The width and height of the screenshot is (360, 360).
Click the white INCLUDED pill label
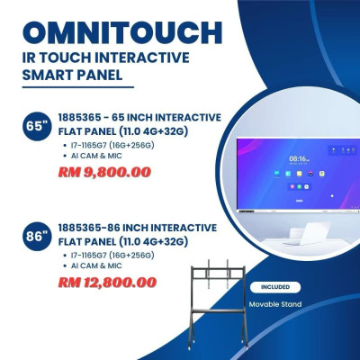click(274, 287)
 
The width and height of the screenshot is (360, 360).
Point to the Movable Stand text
click(274, 304)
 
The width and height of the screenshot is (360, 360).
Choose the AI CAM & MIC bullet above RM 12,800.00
click(97, 265)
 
